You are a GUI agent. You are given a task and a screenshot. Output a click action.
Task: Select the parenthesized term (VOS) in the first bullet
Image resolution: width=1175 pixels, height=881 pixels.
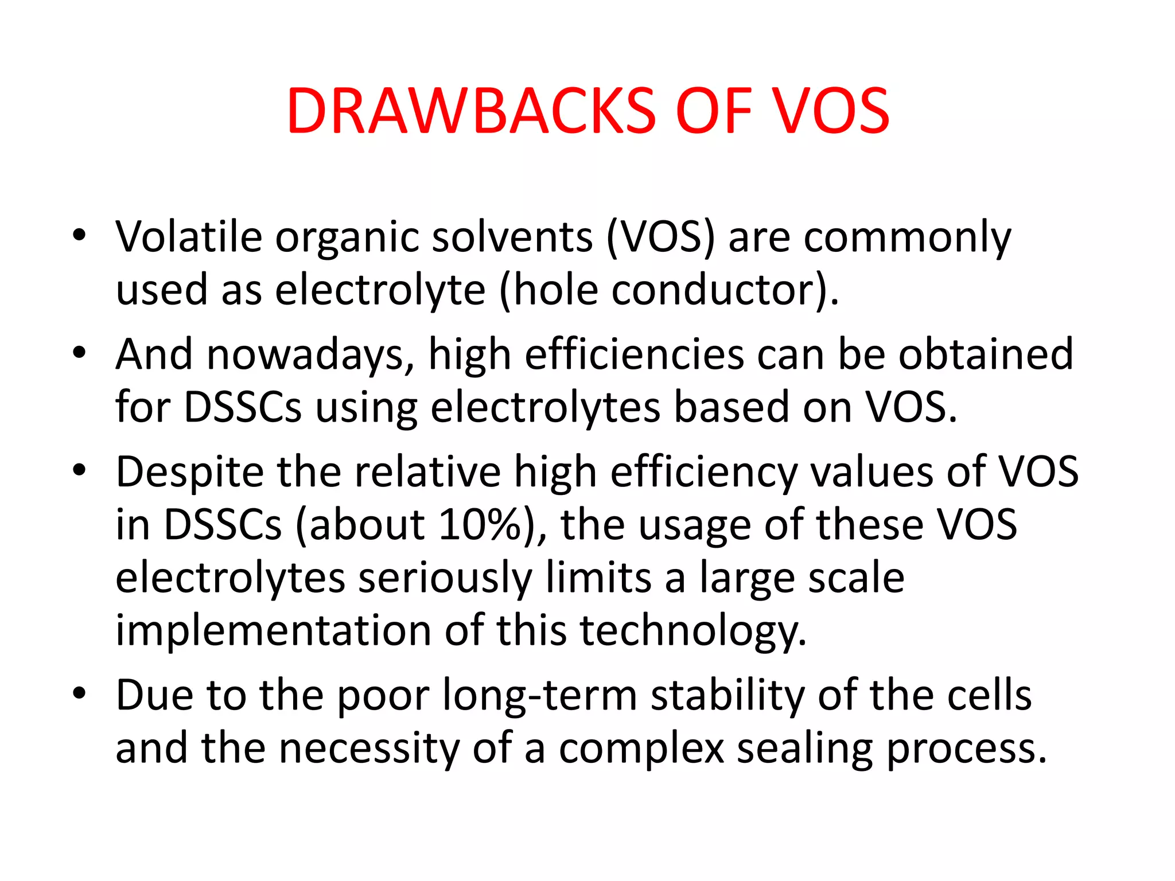point(661,237)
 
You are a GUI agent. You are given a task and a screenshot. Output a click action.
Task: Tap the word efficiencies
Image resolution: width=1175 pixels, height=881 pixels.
point(634,354)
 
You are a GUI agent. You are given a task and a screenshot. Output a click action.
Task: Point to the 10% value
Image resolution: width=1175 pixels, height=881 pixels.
point(480,524)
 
